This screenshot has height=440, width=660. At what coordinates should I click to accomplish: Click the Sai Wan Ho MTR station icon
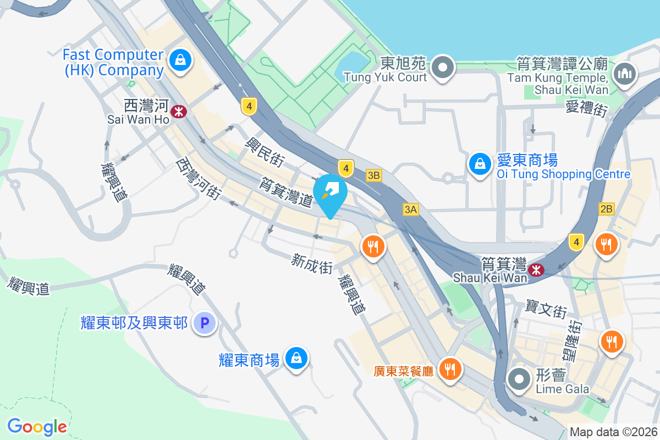point(178,112)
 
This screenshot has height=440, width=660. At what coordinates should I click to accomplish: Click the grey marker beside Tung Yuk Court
point(442,68)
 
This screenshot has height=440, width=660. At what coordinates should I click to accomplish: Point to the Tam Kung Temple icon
point(624,73)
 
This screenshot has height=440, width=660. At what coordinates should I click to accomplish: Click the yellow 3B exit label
point(374,175)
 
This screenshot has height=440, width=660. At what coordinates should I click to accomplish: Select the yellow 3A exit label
point(410,209)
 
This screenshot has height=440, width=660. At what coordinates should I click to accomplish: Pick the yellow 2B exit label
point(606,208)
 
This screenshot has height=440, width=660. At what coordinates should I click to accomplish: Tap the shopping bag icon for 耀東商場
point(296,359)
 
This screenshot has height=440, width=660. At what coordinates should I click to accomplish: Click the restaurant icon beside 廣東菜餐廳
point(450,369)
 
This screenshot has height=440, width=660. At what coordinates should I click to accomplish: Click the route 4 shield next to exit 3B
point(345,167)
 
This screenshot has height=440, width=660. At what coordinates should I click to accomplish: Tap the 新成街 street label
point(312,263)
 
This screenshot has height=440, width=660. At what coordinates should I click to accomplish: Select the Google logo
point(37,426)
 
